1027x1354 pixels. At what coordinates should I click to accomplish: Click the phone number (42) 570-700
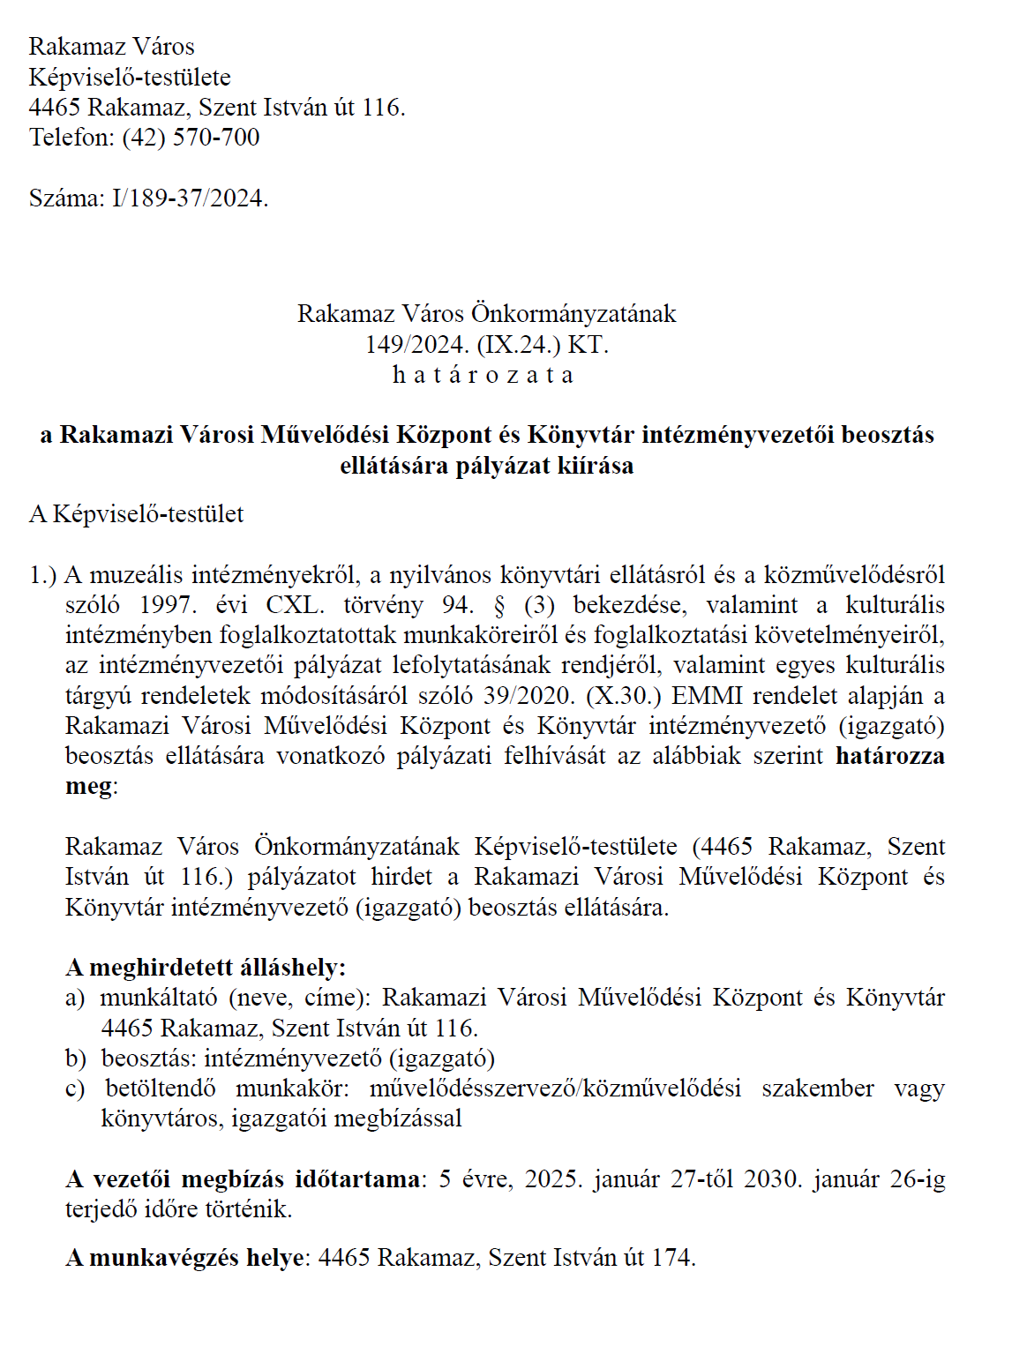tap(191, 138)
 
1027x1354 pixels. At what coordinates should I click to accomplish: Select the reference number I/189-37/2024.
tap(190, 198)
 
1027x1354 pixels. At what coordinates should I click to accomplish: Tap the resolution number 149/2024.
tap(409, 344)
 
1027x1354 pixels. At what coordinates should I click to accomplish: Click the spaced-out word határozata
tap(484, 375)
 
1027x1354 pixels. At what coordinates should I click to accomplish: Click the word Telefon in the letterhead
tap(71, 138)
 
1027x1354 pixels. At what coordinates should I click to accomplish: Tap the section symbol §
tap(499, 605)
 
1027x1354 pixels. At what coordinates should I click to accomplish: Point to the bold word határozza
tap(889, 756)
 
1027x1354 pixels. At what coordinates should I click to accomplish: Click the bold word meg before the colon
tap(88, 786)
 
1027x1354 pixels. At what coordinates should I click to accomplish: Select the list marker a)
tap(76, 998)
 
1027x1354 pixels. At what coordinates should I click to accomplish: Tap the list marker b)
tap(76, 1059)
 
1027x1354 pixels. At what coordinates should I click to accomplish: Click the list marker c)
tap(76, 1088)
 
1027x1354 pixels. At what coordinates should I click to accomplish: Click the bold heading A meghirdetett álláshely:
tap(206, 968)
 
